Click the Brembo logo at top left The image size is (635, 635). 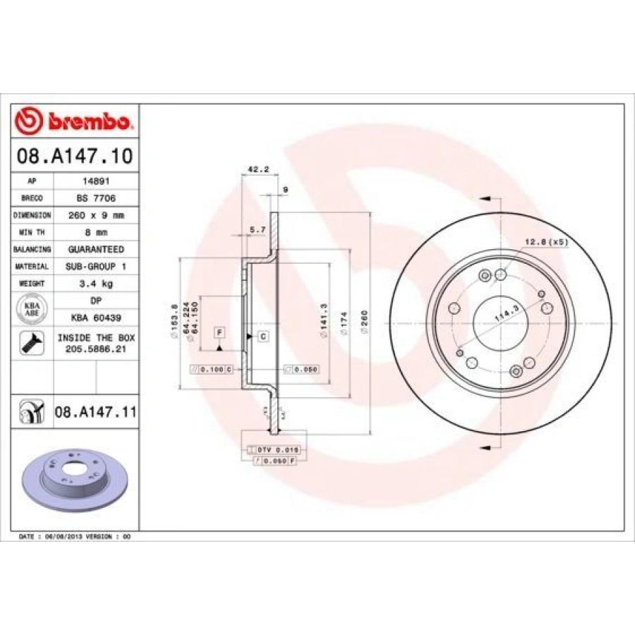73,121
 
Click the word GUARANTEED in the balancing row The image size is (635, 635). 95,249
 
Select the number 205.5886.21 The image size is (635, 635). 95,349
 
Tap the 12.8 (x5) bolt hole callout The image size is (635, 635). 545,242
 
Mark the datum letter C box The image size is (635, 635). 262,336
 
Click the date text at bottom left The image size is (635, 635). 75,537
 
